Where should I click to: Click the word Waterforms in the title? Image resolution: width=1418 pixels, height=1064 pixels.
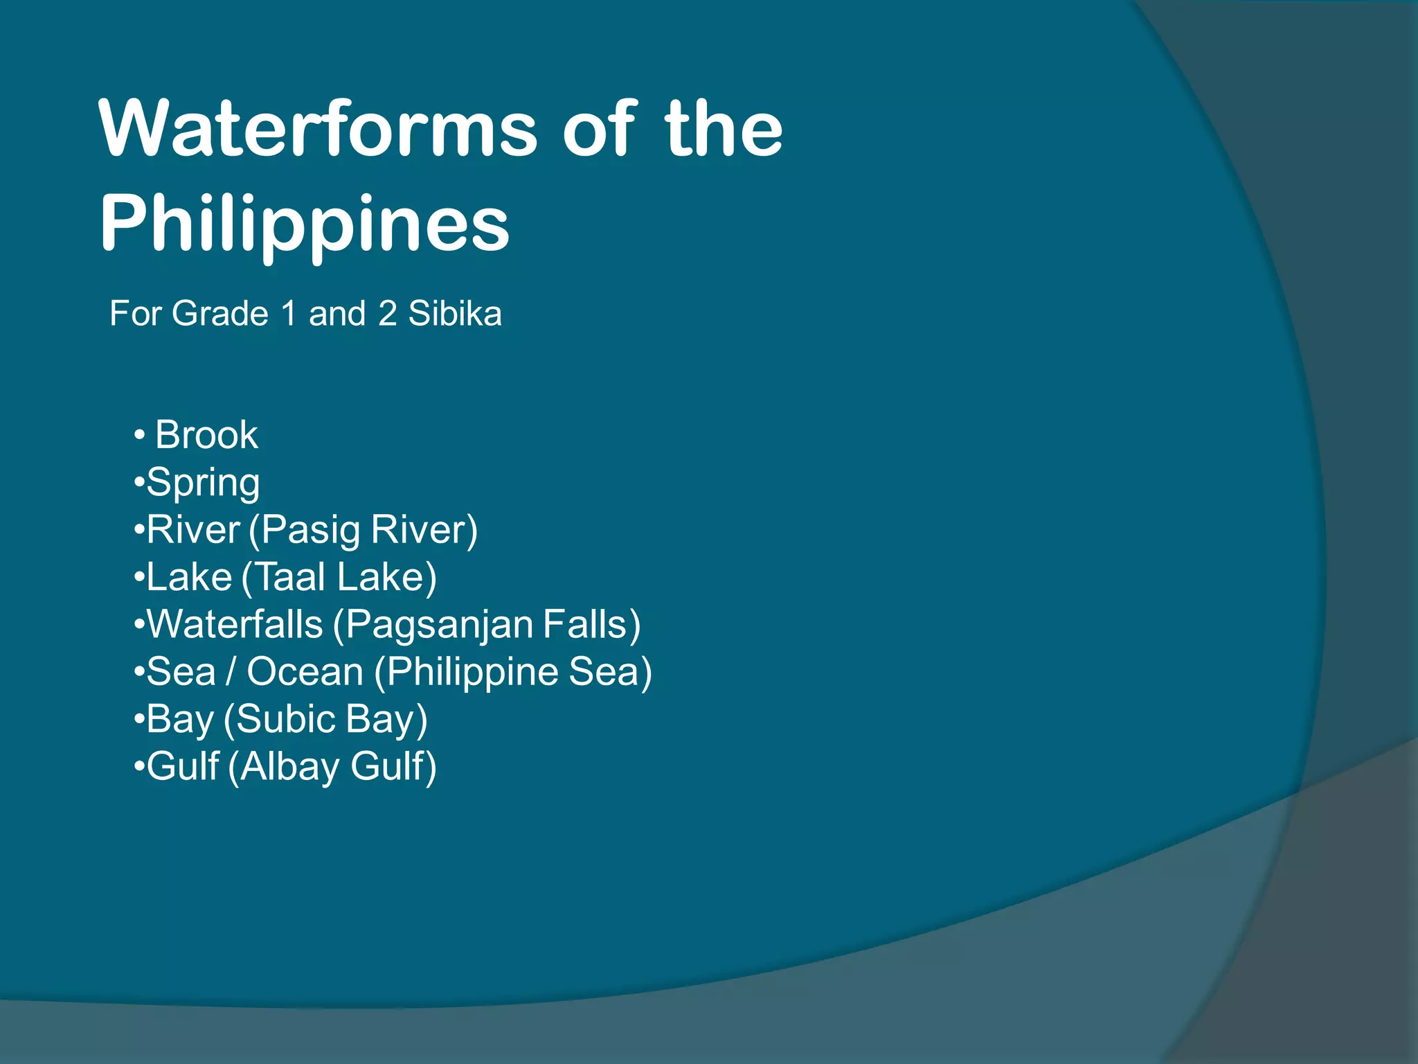tap(318, 129)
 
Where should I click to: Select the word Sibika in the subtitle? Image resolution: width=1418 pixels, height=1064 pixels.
tap(454, 313)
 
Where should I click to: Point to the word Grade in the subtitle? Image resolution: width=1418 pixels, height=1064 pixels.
tap(219, 313)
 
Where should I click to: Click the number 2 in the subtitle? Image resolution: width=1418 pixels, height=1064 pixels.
tap(387, 313)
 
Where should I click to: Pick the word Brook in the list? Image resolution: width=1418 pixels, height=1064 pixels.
tap(206, 435)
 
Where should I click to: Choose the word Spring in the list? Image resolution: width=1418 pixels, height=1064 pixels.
tap(203, 483)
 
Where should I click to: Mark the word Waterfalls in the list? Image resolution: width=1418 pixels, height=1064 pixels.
tap(235, 624)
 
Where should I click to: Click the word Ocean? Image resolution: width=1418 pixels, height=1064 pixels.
tap(305, 672)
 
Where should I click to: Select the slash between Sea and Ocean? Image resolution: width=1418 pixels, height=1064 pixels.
tap(231, 672)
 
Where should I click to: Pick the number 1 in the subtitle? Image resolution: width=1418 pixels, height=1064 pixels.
tap(289, 313)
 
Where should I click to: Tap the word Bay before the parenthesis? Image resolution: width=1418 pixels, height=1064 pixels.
tap(180, 719)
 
